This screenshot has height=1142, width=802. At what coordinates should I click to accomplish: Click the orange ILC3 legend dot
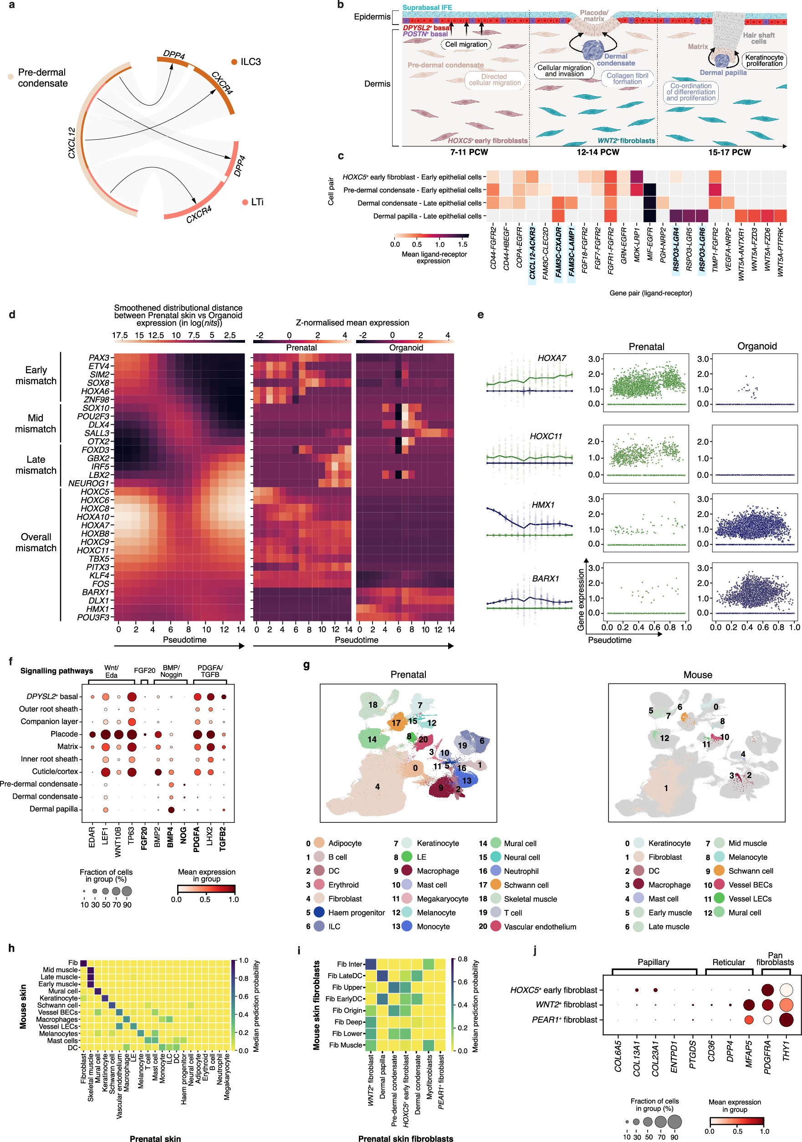tap(234, 62)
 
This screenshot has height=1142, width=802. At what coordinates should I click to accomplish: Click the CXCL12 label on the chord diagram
tap(72, 143)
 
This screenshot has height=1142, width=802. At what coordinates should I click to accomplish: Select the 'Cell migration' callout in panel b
tap(466, 44)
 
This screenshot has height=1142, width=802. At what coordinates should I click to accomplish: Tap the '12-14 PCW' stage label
tap(598, 152)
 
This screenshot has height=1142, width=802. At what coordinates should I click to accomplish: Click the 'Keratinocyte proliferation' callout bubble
tap(764, 60)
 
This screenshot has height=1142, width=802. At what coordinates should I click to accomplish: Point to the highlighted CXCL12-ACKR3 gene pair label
tap(532, 253)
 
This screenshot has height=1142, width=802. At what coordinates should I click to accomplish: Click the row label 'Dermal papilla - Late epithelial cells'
tap(427, 216)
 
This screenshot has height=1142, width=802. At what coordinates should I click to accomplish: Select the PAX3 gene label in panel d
tap(98, 358)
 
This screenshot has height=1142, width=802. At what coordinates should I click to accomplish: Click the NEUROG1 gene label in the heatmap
tap(88, 483)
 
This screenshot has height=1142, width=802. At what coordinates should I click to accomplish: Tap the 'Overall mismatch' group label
tap(36, 542)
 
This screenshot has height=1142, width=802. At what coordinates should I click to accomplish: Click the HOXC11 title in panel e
tap(545, 436)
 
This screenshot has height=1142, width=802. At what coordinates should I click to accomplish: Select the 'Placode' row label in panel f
tap(64, 734)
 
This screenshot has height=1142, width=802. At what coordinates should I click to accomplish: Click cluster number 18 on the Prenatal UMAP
tap(373, 704)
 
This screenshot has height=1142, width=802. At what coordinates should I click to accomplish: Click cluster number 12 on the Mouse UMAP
tap(664, 738)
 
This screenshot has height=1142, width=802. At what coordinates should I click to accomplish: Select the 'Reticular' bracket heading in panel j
tap(728, 962)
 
